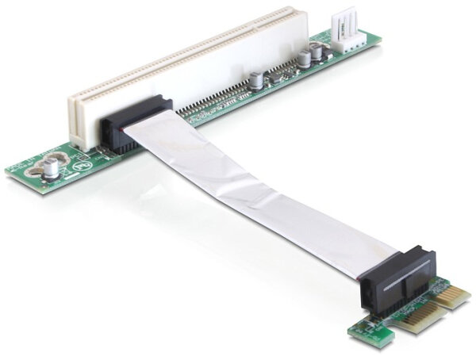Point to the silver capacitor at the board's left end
[51, 168]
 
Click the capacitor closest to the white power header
[317, 52]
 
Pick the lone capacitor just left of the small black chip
[257, 80]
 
